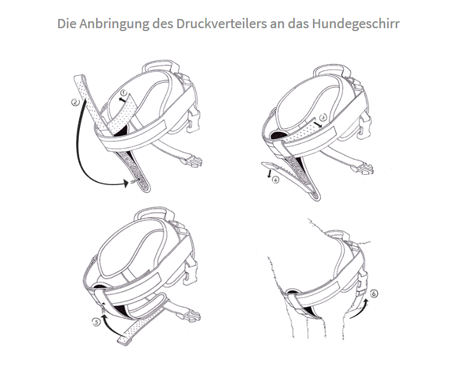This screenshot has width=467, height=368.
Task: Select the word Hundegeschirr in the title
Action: [x=356, y=24]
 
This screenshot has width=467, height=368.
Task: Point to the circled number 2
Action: [x=76, y=102]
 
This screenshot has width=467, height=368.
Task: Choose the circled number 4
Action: [x=276, y=180]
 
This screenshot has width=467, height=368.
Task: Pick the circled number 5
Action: [x=96, y=322]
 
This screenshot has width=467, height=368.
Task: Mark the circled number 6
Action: [x=373, y=294]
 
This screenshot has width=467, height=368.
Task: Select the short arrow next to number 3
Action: [x=317, y=124]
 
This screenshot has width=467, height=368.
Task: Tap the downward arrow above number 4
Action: [x=269, y=174]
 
